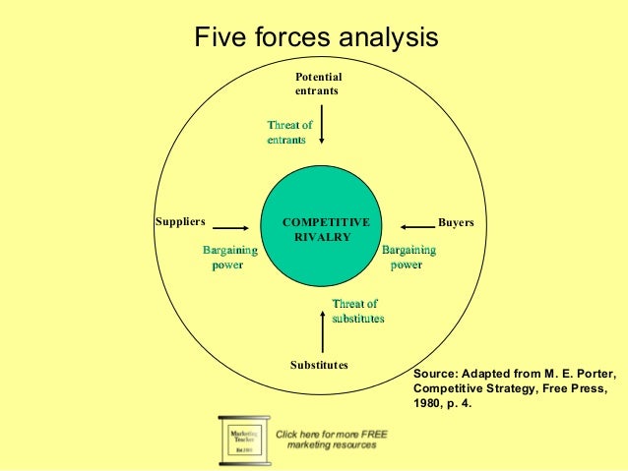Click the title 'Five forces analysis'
click(315, 38)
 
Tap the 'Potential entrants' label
click(318, 83)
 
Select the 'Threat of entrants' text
click(289, 133)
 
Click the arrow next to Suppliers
click(229, 223)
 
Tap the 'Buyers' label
click(456, 223)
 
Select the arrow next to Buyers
click(418, 223)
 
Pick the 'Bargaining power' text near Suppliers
click(223, 258)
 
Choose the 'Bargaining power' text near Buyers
click(408, 258)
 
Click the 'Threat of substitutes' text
click(357, 312)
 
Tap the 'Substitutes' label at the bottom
click(319, 366)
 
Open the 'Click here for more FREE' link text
click(326, 433)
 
